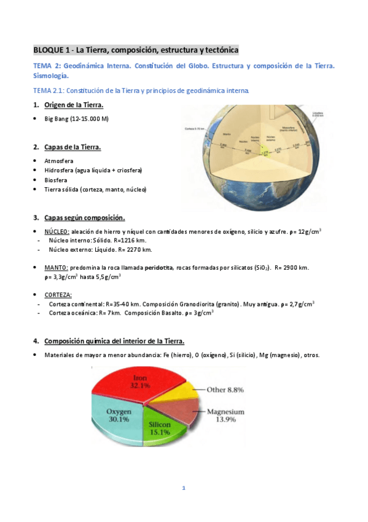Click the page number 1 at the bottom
pos(183,488)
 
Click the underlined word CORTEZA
pos(58,294)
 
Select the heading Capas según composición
pos(85,217)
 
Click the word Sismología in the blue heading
pos(51,76)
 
